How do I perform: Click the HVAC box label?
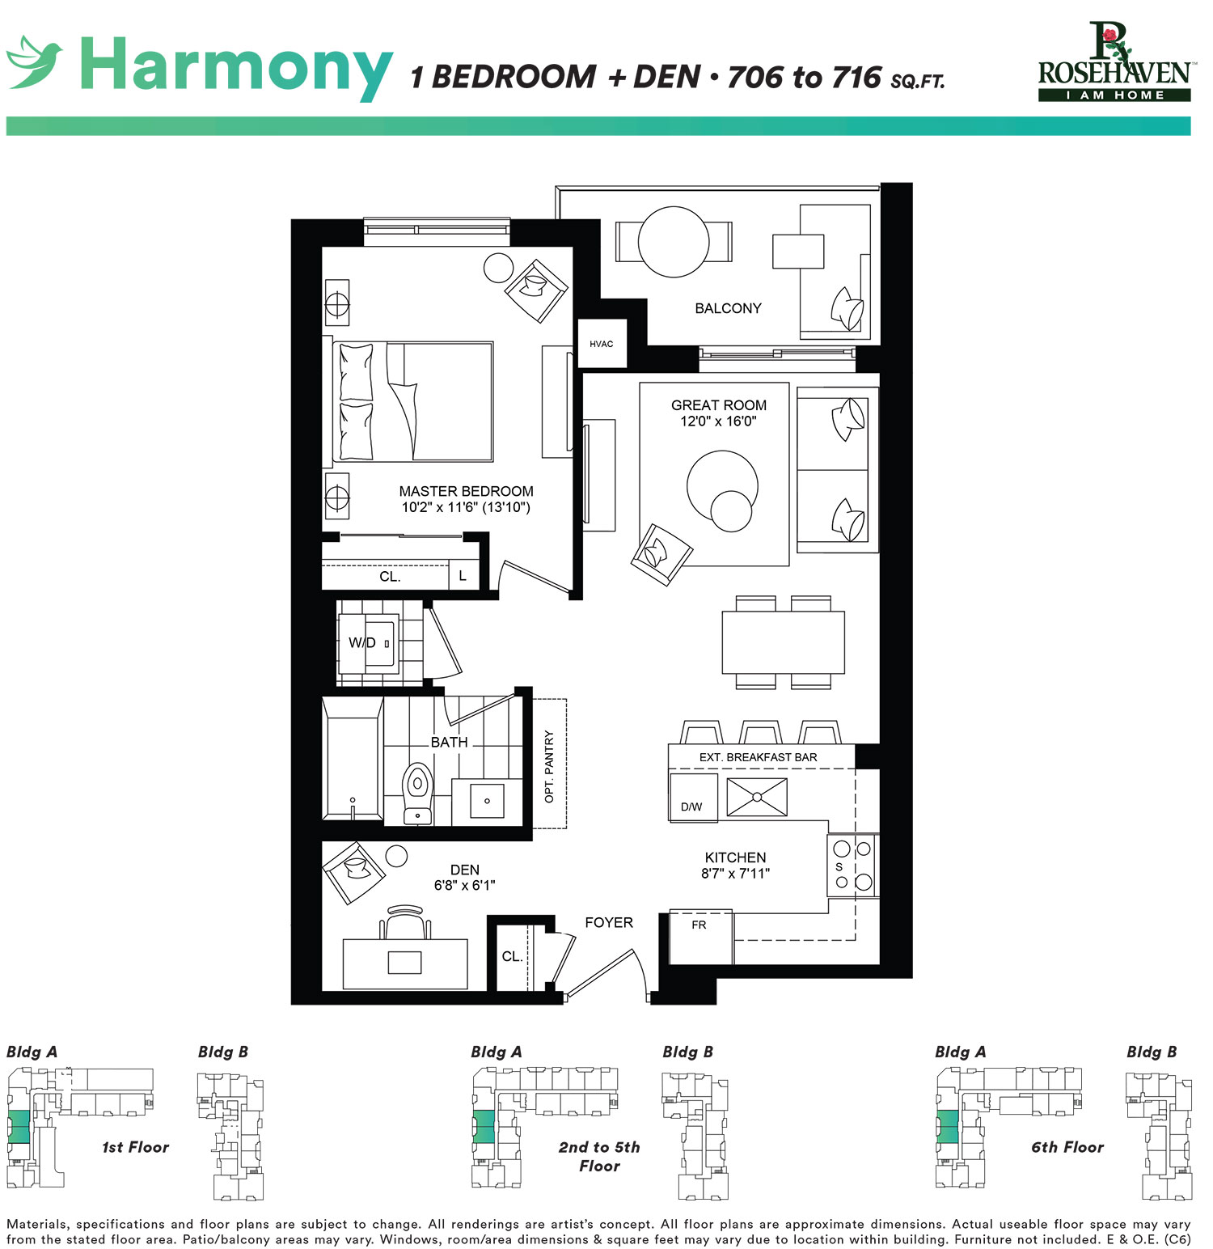[601, 344]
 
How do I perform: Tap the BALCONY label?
[728, 308]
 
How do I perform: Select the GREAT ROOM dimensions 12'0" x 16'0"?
[718, 421]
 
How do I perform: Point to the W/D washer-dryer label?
[362, 643]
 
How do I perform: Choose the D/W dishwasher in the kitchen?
[693, 798]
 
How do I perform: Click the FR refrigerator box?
[701, 937]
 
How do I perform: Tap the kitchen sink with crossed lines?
[757, 797]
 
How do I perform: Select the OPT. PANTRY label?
[549, 766]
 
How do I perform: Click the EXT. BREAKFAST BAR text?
[758, 757]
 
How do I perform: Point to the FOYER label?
[609, 922]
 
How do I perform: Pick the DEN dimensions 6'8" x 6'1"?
[464, 886]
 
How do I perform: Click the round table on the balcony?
[674, 242]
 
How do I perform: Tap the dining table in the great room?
[783, 642]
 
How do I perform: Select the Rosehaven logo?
[1114, 62]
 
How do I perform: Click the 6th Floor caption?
[1067, 1147]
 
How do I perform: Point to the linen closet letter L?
[463, 576]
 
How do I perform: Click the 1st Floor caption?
[136, 1147]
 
